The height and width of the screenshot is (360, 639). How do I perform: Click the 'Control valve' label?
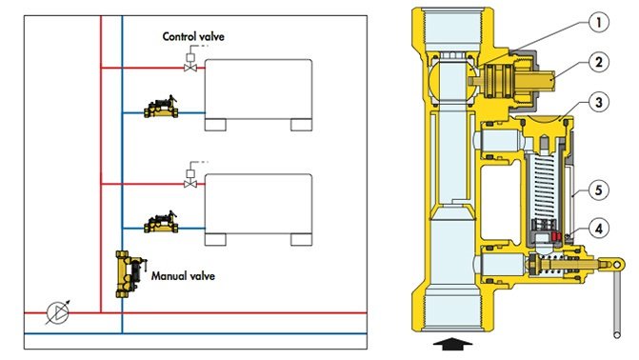(x=193, y=37)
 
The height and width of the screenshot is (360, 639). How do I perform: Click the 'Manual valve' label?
(x=183, y=276)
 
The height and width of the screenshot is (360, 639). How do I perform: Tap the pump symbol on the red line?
(x=57, y=312)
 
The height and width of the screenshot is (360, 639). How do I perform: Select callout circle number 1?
(x=598, y=22)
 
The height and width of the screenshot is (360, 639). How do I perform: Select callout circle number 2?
(x=598, y=62)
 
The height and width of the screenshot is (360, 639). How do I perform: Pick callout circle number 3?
(x=598, y=102)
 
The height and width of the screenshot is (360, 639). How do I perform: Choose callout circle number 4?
(x=598, y=229)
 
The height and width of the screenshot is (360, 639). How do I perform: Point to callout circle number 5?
(x=598, y=190)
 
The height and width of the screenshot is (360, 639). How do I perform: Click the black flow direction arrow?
(x=452, y=344)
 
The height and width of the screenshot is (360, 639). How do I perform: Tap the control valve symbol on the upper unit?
(x=190, y=63)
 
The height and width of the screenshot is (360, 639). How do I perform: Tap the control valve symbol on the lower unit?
(x=190, y=179)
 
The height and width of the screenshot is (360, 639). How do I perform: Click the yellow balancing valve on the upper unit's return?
(x=161, y=108)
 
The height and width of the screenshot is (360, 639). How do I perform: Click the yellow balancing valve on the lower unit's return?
(x=161, y=222)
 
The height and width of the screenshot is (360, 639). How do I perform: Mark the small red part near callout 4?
(x=556, y=236)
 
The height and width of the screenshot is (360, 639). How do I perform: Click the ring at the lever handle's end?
(x=617, y=266)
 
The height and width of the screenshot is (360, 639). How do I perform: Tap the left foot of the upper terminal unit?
(x=215, y=125)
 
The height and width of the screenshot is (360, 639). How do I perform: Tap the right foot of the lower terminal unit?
(x=302, y=240)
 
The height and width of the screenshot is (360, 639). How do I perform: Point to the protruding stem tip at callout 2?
(x=549, y=79)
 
